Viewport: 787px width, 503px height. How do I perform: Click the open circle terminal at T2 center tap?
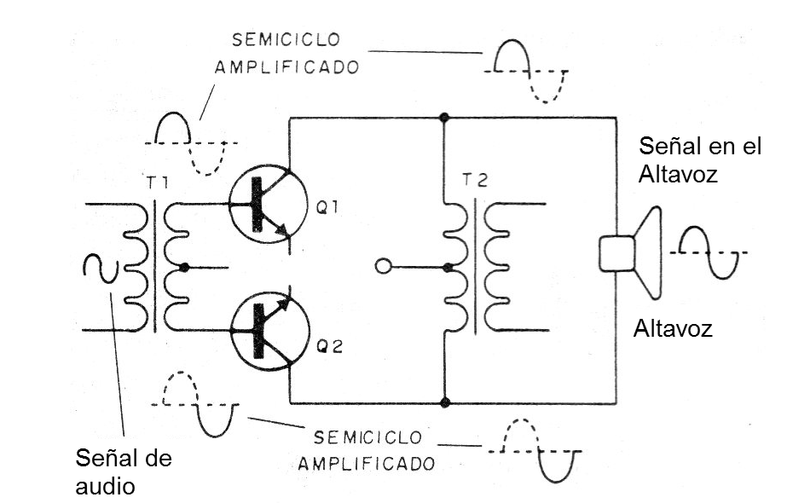[383, 268]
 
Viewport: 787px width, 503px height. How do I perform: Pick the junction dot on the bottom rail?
[444, 402]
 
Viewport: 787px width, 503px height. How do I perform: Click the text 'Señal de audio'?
[123, 471]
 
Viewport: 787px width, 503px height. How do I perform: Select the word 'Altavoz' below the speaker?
[672, 327]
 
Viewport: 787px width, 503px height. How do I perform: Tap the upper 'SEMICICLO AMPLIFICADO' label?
[286, 54]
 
